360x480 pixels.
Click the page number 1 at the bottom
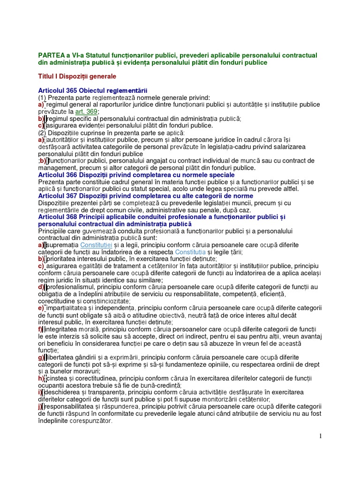click(321, 436)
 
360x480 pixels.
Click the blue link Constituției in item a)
click(96, 245)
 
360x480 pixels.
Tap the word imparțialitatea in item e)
click(69, 308)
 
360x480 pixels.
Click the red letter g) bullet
click(41, 358)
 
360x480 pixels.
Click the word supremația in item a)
click(63, 245)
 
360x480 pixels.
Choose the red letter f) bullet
click(40, 330)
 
